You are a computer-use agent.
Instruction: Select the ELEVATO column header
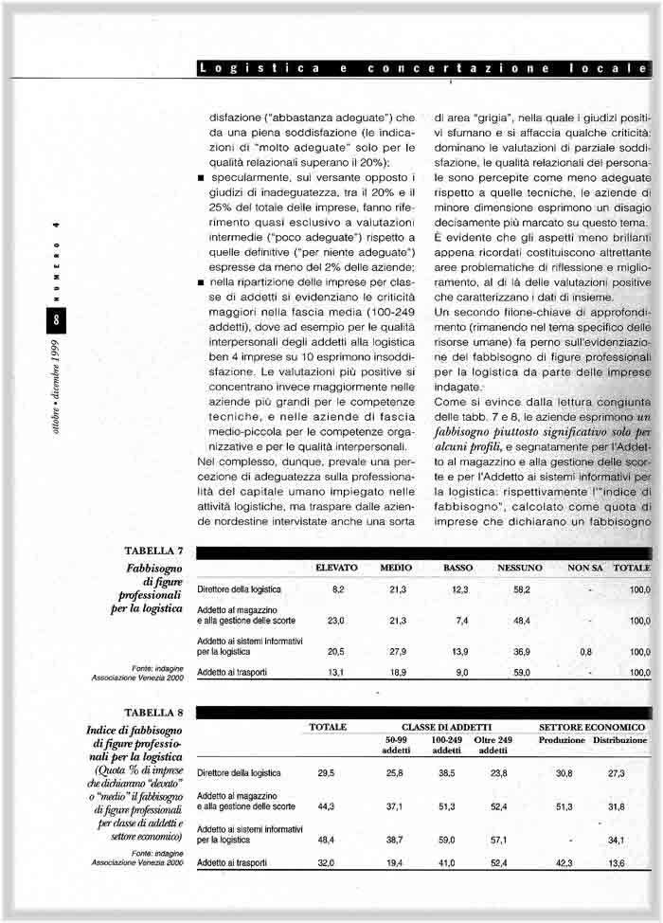pyautogui.click(x=336, y=568)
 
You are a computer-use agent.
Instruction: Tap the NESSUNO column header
pyautogui.click(x=519, y=568)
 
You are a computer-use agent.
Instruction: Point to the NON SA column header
pyautogui.click(x=585, y=568)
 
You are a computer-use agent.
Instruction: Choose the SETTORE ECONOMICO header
pyautogui.click(x=592, y=727)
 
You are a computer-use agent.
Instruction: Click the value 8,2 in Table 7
pyautogui.click(x=337, y=589)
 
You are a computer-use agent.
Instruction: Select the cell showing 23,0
pyautogui.click(x=335, y=621)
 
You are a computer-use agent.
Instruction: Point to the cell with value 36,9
pyautogui.click(x=521, y=652)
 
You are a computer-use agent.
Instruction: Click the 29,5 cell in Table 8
pyautogui.click(x=326, y=773)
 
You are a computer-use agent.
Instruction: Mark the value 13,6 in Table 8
pyautogui.click(x=616, y=863)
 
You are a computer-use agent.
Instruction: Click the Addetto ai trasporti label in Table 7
pyautogui.click(x=233, y=673)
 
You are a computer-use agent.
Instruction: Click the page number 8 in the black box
pyautogui.click(x=56, y=321)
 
